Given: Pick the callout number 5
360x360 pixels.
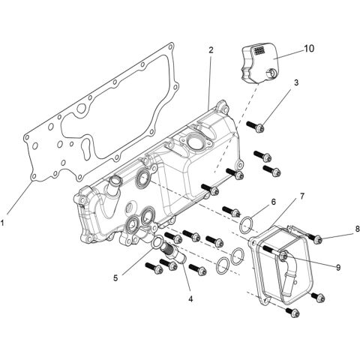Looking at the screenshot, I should [115, 277].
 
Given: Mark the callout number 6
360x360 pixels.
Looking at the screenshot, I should [274, 202].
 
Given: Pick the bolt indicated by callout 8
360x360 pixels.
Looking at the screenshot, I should [316, 239].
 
